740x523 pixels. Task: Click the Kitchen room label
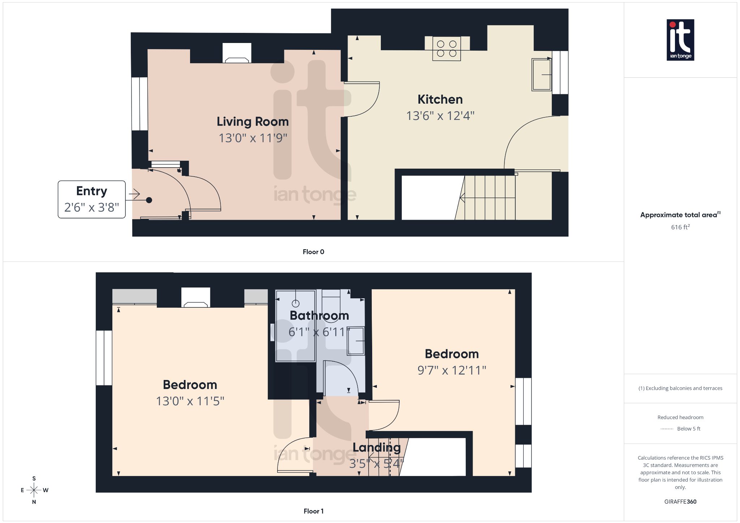pyautogui.click(x=440, y=99)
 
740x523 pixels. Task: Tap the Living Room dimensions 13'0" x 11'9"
pyautogui.click(x=253, y=138)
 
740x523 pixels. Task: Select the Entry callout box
pyautogui.click(x=91, y=199)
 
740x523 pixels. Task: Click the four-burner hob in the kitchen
pyautogui.click(x=447, y=49)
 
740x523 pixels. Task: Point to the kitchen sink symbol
pyautogui.click(x=541, y=75)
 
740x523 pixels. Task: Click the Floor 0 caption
pyautogui.click(x=313, y=252)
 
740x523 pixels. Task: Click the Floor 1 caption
pyautogui.click(x=313, y=511)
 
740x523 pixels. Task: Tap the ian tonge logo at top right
pyautogui.click(x=680, y=40)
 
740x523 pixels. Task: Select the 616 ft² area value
pyautogui.click(x=680, y=227)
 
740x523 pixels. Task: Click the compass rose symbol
pyautogui.click(x=34, y=490)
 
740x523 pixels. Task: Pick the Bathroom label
pyautogui.click(x=319, y=316)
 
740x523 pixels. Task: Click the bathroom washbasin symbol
pyautogui.click(x=356, y=341)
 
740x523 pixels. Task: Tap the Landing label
pyautogui.click(x=377, y=448)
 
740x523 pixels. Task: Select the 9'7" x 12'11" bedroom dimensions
pyautogui.click(x=452, y=370)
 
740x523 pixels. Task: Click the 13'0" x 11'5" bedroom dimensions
pyautogui.click(x=190, y=401)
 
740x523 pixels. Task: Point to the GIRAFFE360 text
pyautogui.click(x=680, y=502)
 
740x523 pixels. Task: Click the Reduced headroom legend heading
pyautogui.click(x=680, y=418)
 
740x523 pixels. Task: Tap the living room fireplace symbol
pyautogui.click(x=237, y=53)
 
